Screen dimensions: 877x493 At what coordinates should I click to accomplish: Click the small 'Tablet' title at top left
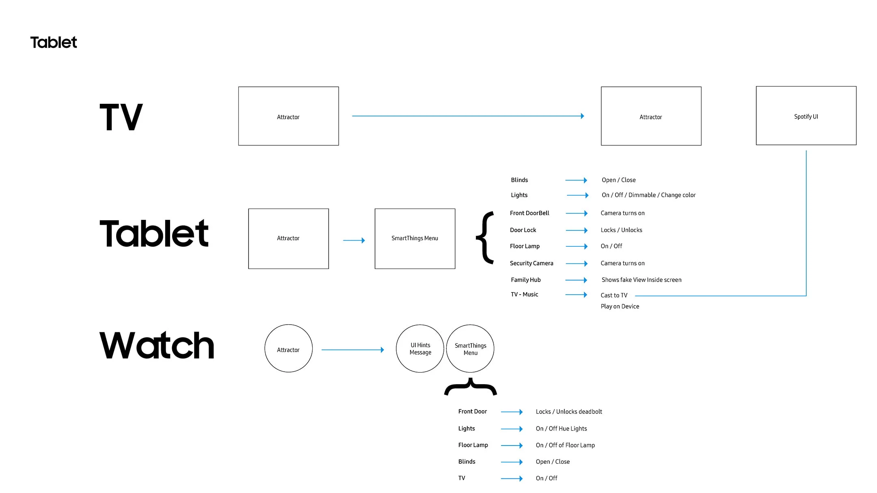[x=54, y=42]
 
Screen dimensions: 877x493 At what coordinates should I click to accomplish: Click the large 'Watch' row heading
[x=157, y=345]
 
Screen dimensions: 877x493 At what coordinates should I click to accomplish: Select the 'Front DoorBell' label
[x=529, y=213]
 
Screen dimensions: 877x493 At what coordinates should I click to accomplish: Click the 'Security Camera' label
[x=531, y=263]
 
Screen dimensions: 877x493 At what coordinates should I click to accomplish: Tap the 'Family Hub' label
[x=526, y=280]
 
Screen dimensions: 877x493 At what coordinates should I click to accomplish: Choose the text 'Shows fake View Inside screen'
[x=642, y=280]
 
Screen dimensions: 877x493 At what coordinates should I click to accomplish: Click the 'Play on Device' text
[x=620, y=306]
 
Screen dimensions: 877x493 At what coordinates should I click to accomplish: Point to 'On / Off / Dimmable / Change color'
[x=649, y=195]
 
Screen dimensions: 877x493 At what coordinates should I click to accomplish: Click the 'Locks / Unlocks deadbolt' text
[x=569, y=412]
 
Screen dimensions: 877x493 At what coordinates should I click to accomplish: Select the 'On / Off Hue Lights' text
[x=561, y=429]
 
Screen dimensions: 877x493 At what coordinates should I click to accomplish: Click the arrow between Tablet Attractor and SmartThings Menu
[x=354, y=240]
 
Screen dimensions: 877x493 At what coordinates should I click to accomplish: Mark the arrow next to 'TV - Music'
[x=576, y=295]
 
